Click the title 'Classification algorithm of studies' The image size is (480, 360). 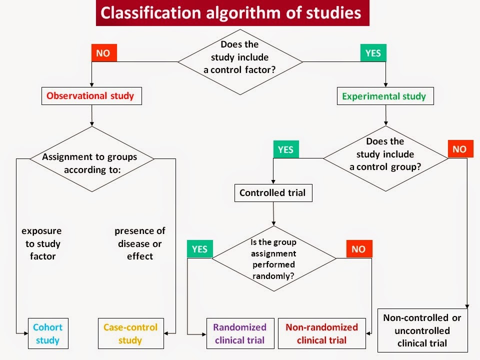[x=232, y=13]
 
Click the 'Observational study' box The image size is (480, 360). [x=90, y=96]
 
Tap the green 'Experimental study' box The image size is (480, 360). [x=384, y=96]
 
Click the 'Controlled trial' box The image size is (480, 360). [x=273, y=193]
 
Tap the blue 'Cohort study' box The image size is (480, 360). [x=47, y=333]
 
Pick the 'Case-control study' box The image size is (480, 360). [x=130, y=333]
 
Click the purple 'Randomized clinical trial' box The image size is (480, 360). [x=240, y=333]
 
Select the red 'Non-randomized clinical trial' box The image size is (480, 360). [x=322, y=333]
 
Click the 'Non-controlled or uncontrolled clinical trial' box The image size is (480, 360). [x=422, y=330]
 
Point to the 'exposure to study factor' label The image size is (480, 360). [x=42, y=244]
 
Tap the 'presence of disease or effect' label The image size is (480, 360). [x=140, y=244]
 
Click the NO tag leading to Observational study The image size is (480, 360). [x=103, y=53]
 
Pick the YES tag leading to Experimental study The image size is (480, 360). [x=373, y=53]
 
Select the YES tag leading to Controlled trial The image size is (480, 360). [x=285, y=149]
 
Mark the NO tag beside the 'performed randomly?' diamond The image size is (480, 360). [x=358, y=248]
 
